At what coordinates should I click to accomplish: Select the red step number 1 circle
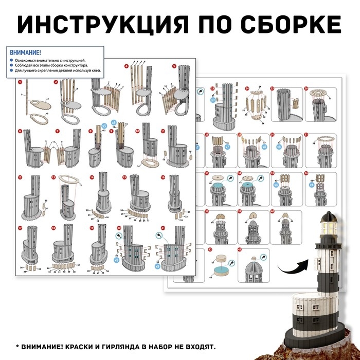pyautogui.click(x=20, y=81)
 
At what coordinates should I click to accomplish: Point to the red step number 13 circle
pyautogui.click(x=53, y=177)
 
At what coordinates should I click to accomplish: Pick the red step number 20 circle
pyautogui.click(x=119, y=228)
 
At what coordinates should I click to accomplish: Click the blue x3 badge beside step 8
pyautogui.click(x=104, y=125)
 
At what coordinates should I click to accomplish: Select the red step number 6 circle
pyautogui.click(x=20, y=132)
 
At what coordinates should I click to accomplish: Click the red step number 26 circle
pyautogui.click(x=307, y=88)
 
